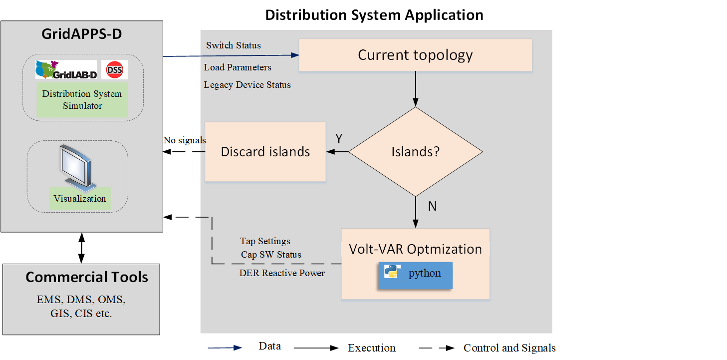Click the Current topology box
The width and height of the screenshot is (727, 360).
click(x=415, y=55)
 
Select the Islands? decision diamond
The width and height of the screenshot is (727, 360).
click(x=416, y=151)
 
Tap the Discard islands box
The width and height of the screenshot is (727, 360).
click(x=265, y=151)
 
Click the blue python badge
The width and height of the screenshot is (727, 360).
click(x=415, y=275)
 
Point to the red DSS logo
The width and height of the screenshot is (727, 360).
click(x=115, y=69)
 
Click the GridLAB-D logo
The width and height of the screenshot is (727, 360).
click(x=66, y=69)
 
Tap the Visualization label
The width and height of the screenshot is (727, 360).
click(x=80, y=199)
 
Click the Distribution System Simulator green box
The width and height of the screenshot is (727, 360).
click(x=82, y=99)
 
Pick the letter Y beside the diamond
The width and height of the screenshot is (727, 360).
click(x=339, y=139)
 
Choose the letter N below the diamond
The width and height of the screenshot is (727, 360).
click(x=432, y=206)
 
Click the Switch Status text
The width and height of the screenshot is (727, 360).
click(x=234, y=45)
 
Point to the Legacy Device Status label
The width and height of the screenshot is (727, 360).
click(x=247, y=85)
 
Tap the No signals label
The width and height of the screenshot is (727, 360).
click(x=184, y=140)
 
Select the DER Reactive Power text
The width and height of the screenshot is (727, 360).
click(x=282, y=273)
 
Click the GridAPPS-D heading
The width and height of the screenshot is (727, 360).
click(x=81, y=34)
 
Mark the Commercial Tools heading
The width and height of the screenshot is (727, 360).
click(x=87, y=277)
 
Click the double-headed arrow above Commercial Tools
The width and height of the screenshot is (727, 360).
click(x=81, y=248)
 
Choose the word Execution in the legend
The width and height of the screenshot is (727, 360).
click(x=372, y=348)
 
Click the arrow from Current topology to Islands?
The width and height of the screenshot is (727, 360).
click(x=416, y=89)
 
